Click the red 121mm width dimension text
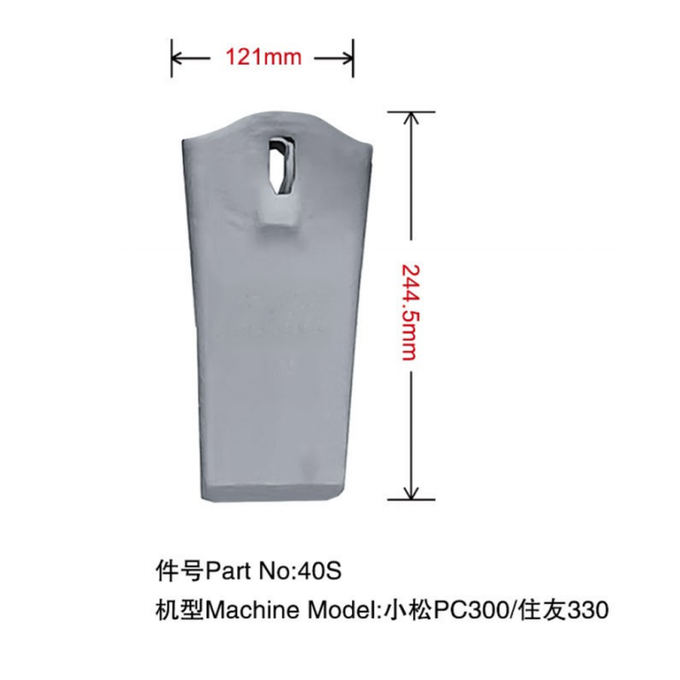(263, 57)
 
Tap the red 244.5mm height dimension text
(410, 312)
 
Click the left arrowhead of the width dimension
(178, 58)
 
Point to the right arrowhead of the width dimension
(348, 58)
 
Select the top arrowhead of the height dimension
(411, 118)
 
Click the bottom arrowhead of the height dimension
(411, 493)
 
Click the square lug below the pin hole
(278, 211)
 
